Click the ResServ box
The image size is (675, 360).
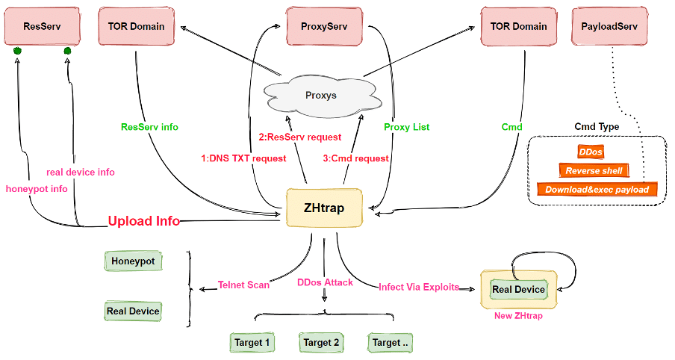[x=42, y=26]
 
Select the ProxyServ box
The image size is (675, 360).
[x=324, y=26]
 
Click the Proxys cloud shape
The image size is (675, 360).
[x=321, y=96]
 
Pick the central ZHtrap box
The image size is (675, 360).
[x=325, y=208]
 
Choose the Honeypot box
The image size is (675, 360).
[x=134, y=261]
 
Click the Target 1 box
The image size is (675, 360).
[x=252, y=343]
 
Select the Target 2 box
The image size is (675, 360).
[x=321, y=343]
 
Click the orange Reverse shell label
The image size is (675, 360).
[x=594, y=170]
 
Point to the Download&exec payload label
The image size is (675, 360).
[x=597, y=190]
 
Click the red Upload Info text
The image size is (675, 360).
[x=144, y=221]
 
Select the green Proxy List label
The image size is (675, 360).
[x=408, y=127]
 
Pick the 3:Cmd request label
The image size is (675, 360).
[x=356, y=158]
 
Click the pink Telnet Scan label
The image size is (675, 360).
[x=243, y=284]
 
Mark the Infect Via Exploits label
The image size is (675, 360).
[x=419, y=287]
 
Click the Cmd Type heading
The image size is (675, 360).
[x=597, y=127]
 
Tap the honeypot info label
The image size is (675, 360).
[x=37, y=189]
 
